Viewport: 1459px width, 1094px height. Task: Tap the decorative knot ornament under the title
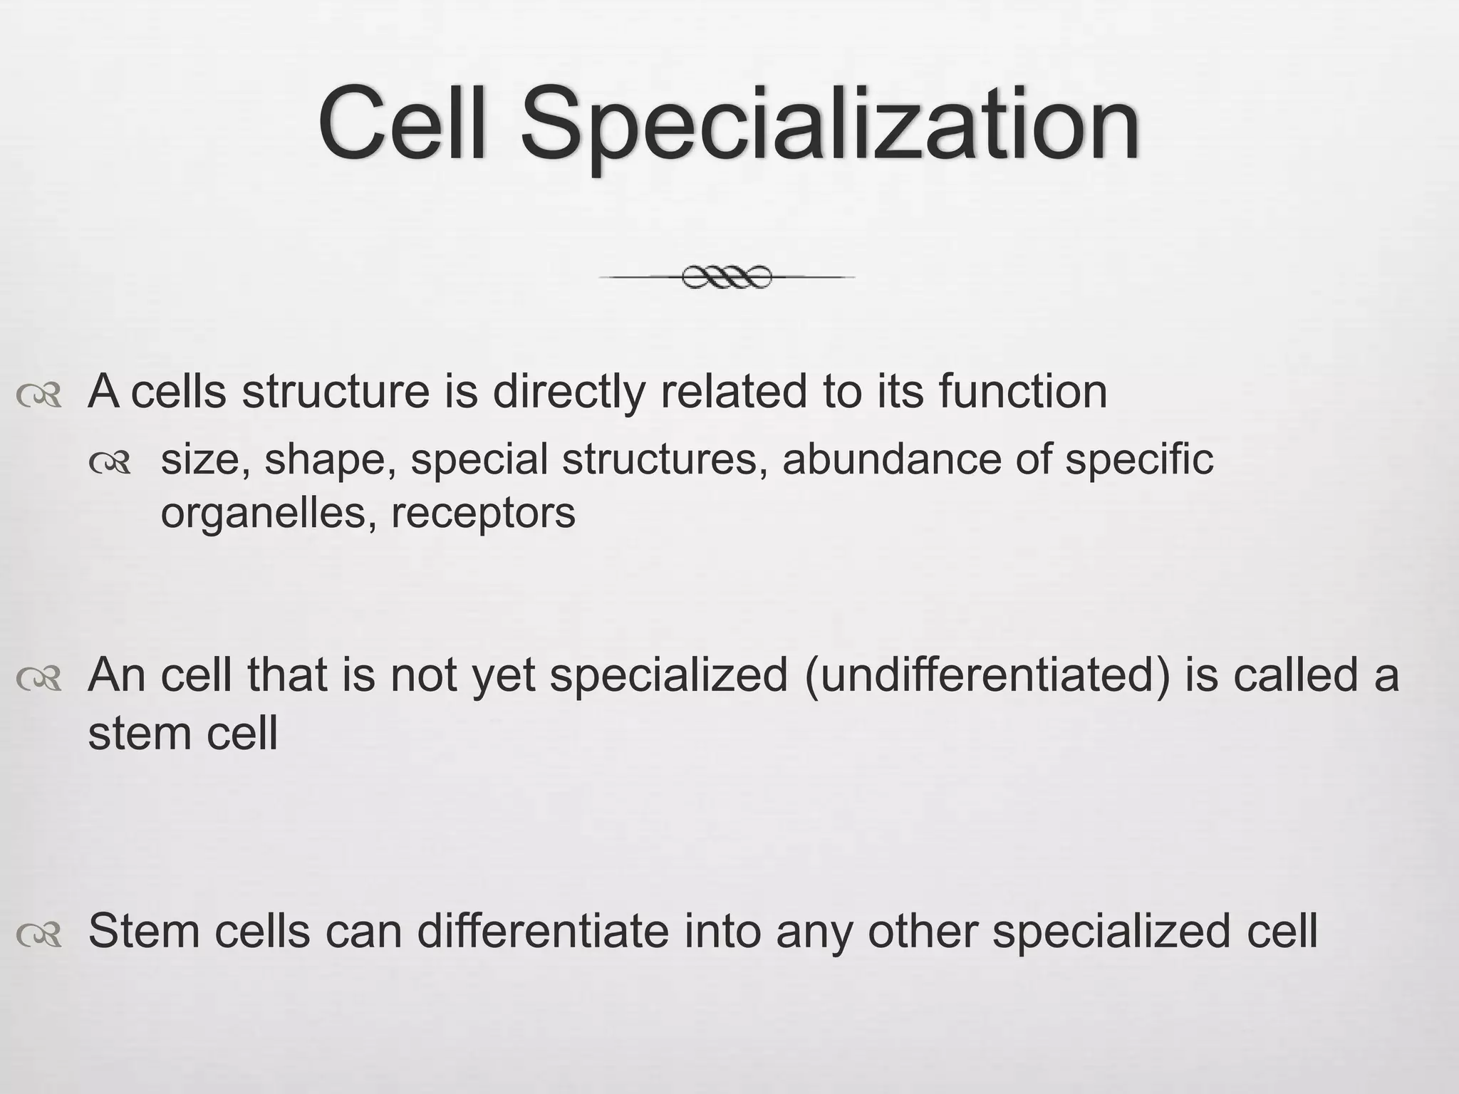click(x=727, y=276)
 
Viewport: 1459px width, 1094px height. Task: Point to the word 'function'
click(x=1022, y=392)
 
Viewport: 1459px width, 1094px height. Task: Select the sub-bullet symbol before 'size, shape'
click(x=111, y=464)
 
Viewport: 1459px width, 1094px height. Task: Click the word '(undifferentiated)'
click(x=987, y=676)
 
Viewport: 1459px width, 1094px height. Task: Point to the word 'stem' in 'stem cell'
click(x=140, y=734)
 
